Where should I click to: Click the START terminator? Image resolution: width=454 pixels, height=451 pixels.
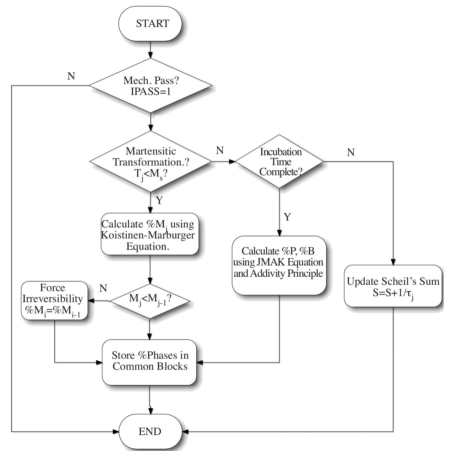(x=150, y=24)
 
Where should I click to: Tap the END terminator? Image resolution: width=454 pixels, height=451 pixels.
(x=150, y=432)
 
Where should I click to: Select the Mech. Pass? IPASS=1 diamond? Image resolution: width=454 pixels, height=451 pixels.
(x=151, y=86)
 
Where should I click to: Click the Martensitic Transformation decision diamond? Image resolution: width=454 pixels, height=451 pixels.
(x=151, y=162)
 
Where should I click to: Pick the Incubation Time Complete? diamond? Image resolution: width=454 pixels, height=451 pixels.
(x=280, y=162)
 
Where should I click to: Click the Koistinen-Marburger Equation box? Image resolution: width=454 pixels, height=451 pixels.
(x=150, y=234)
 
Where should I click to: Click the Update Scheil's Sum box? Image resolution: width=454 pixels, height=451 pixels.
(x=393, y=286)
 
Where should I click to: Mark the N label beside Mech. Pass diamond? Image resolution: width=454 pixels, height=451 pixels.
(x=71, y=76)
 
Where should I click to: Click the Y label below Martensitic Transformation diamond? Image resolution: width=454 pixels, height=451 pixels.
(x=159, y=201)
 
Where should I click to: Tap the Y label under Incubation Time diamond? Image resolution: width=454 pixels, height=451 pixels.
(x=287, y=217)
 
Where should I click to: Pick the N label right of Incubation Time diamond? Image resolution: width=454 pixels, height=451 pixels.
(x=351, y=153)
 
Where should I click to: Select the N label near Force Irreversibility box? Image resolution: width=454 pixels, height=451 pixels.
(x=103, y=288)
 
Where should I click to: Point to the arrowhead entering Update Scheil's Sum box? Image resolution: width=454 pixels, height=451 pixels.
(x=393, y=262)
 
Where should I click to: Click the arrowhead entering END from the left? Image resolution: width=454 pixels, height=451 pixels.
(x=116, y=432)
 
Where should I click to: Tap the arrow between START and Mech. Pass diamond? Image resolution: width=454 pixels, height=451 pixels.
(x=150, y=50)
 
